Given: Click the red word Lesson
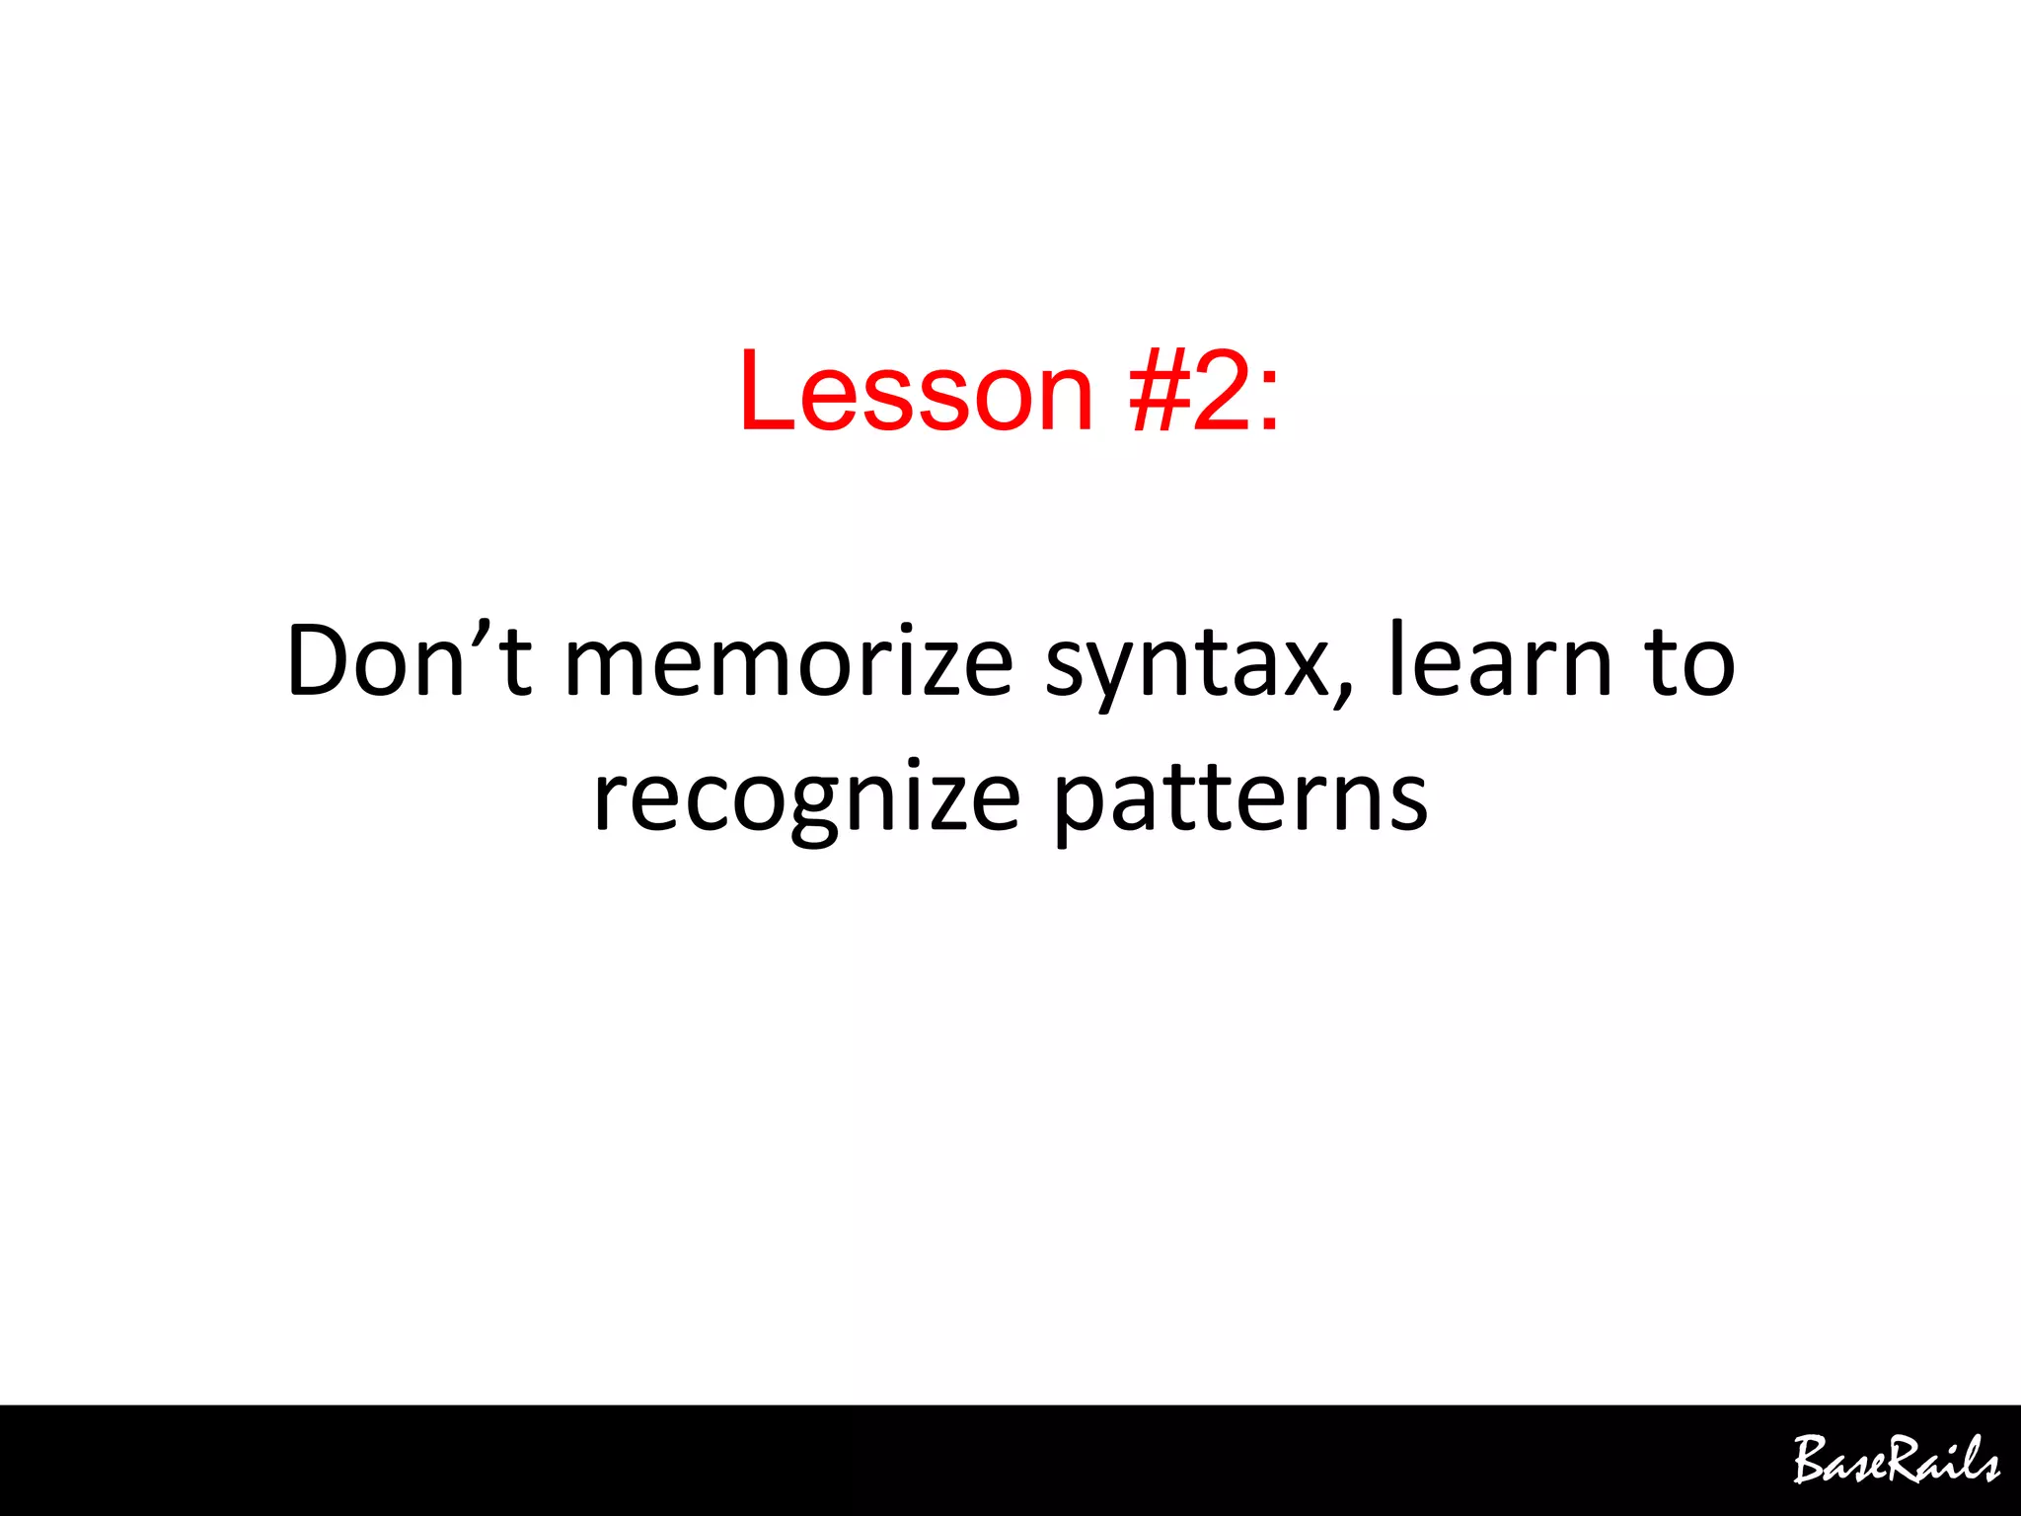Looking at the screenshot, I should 916,391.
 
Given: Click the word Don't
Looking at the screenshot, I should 409,661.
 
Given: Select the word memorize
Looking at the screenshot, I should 788,661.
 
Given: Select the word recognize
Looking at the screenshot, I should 806,799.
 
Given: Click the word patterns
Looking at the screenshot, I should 1240,799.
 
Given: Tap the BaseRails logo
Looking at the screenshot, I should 1896,1461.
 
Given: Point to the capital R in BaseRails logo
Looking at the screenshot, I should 1901,1459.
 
